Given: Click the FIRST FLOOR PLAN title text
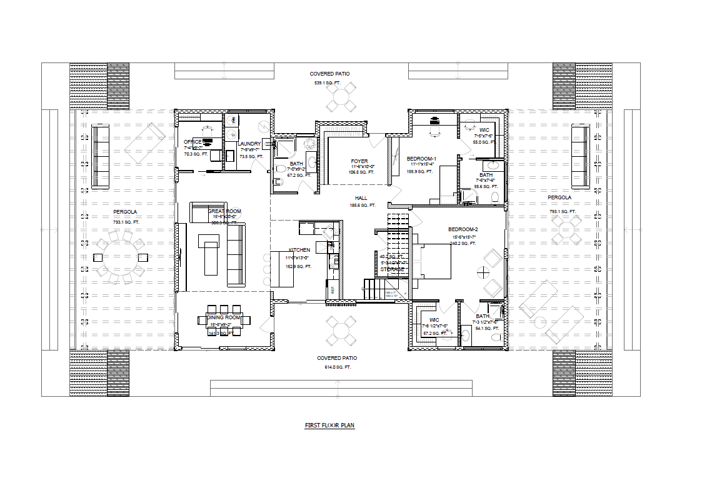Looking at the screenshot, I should tap(329, 426).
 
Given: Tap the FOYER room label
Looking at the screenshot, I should tap(359, 162).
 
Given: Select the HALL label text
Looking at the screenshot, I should tap(361, 198).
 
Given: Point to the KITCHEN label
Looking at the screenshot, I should tap(299, 250).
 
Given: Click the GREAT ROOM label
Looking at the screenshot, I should tap(225, 212).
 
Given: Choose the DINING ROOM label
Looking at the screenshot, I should tap(223, 318).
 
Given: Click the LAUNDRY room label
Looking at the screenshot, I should tap(249, 144).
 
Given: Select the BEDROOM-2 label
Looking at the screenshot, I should tap(463, 229).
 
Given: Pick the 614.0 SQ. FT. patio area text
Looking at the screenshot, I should tap(338, 367).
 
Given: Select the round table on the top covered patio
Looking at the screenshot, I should tap(341, 97).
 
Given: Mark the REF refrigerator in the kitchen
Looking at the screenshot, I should tap(333, 289).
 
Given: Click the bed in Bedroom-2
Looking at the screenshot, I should tap(432, 259).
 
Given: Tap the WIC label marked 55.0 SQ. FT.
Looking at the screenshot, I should tap(484, 131).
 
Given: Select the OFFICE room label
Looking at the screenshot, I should tap(193, 142).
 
